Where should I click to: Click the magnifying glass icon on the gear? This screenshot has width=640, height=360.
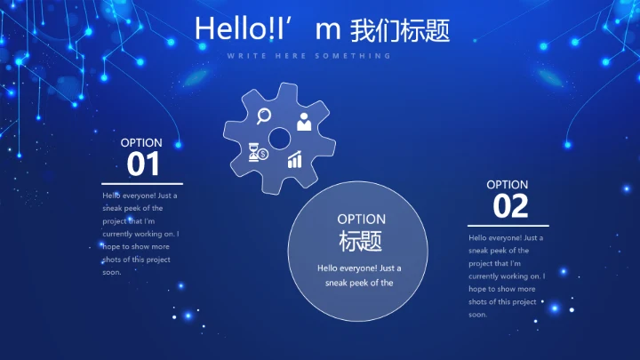[263, 115]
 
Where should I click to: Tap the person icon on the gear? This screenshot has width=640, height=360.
[304, 121]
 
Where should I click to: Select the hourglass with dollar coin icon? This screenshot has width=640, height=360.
[258, 153]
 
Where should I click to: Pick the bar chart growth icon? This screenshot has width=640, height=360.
[294, 160]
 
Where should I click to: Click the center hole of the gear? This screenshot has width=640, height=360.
[280, 138]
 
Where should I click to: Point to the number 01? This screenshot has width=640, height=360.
[143, 164]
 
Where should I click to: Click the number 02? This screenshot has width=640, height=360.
[510, 206]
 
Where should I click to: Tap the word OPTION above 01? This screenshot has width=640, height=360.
[141, 142]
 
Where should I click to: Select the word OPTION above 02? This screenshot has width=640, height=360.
[508, 185]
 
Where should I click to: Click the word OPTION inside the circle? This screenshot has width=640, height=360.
[361, 219]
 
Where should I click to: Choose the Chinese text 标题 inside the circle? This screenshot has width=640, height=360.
[361, 241]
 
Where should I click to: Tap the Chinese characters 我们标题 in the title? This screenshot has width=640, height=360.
[400, 30]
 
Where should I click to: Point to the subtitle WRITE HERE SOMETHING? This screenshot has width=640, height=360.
[308, 56]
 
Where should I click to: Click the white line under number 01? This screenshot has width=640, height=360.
[142, 183]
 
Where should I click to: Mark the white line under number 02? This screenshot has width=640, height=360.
[508, 226]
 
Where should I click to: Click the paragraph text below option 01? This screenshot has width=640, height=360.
[140, 233]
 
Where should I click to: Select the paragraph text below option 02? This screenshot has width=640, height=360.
[507, 276]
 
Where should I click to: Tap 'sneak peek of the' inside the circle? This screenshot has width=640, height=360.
[359, 284]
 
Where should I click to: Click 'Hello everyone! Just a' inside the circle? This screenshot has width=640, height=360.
[359, 268]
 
